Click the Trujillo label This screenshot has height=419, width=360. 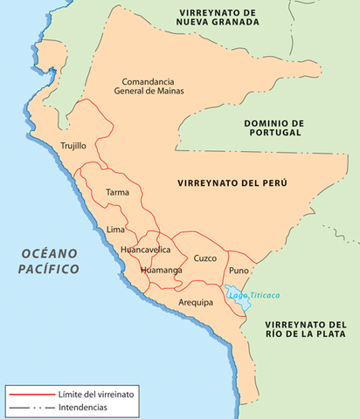coord(73,147)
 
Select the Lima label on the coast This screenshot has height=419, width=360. coord(115,230)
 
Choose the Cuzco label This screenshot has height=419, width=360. coord(205,258)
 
